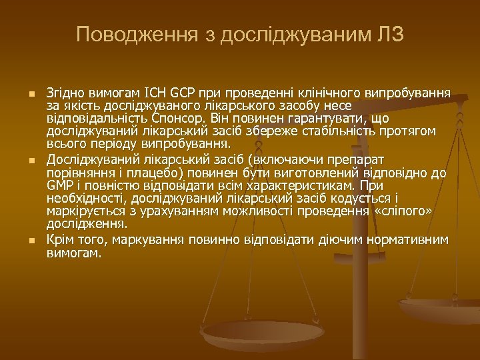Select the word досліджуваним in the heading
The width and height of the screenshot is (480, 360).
pyautogui.click(x=287, y=34)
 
